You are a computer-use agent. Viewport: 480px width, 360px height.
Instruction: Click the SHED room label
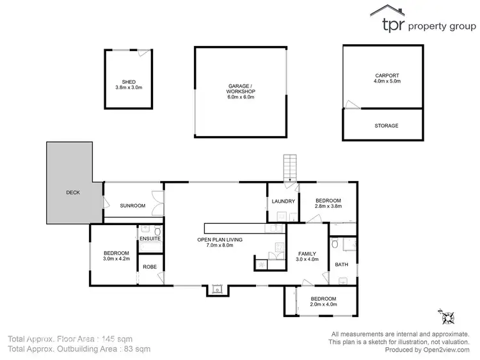click(129, 82)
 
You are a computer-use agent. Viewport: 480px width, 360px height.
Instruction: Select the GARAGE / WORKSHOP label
click(241, 88)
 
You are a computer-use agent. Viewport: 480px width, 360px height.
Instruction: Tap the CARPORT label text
click(387, 75)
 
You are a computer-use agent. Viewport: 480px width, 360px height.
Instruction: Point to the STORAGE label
click(386, 126)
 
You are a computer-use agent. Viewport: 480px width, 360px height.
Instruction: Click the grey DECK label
click(73, 192)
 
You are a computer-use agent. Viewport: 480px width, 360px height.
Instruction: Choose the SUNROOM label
click(132, 205)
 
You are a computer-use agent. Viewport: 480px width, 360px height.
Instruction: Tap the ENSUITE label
click(149, 239)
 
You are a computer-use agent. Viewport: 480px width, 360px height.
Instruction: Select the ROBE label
click(150, 267)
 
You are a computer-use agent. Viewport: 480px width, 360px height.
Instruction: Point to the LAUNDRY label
click(283, 201)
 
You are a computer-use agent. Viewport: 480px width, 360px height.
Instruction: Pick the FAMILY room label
click(307, 253)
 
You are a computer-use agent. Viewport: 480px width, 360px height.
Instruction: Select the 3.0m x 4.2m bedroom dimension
click(116, 260)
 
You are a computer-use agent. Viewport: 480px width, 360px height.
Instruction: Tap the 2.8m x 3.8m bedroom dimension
click(328, 207)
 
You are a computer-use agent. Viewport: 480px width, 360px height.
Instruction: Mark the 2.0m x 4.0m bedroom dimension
click(324, 305)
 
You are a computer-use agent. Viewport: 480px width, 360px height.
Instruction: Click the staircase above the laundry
click(292, 168)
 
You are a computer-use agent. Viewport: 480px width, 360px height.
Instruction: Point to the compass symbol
click(446, 317)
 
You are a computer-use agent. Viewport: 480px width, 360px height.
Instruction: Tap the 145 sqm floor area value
click(132, 338)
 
